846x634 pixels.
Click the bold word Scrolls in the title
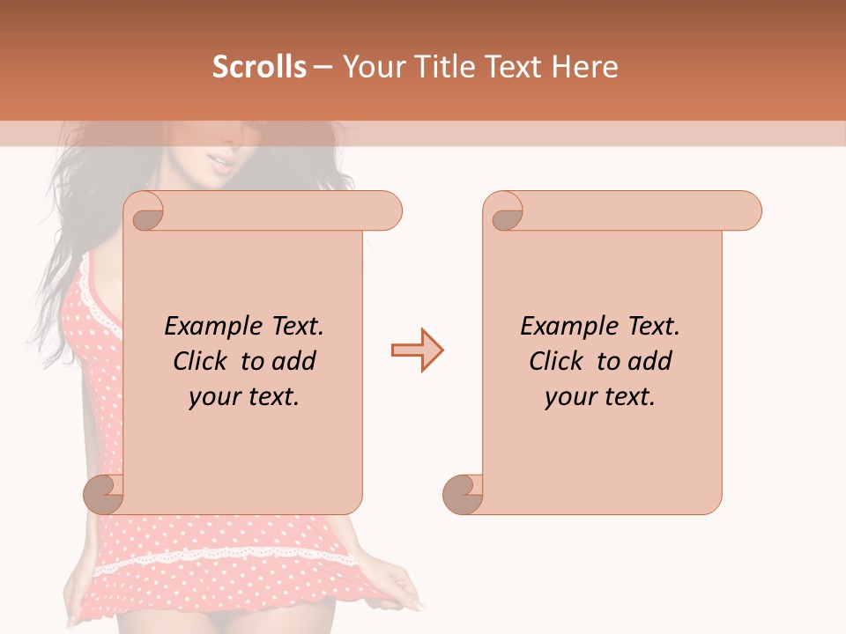(x=260, y=67)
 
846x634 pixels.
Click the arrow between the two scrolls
(x=417, y=350)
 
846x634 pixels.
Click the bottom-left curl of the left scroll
(x=104, y=494)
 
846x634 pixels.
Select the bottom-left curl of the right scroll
(x=463, y=494)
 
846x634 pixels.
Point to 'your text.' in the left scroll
(x=243, y=397)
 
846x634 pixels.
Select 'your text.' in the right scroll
(x=599, y=397)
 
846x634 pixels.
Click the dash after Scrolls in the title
(x=323, y=68)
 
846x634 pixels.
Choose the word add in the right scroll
(x=649, y=361)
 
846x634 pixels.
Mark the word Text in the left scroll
(x=295, y=327)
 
